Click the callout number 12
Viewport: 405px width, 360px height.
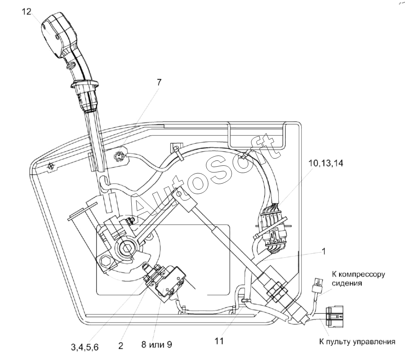26,11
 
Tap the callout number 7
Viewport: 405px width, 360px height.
159,82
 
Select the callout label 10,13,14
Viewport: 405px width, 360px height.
326,163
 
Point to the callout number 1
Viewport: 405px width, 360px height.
323,251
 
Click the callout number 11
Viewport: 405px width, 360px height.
219,341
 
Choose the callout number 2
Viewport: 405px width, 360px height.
121,346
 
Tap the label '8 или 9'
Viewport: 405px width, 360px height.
157,345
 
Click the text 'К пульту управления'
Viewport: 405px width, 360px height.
357,342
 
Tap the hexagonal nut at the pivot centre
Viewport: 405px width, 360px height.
127,248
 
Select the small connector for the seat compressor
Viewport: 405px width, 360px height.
317,284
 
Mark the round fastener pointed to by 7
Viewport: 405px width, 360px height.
119,156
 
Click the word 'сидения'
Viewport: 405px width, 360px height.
347,283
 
